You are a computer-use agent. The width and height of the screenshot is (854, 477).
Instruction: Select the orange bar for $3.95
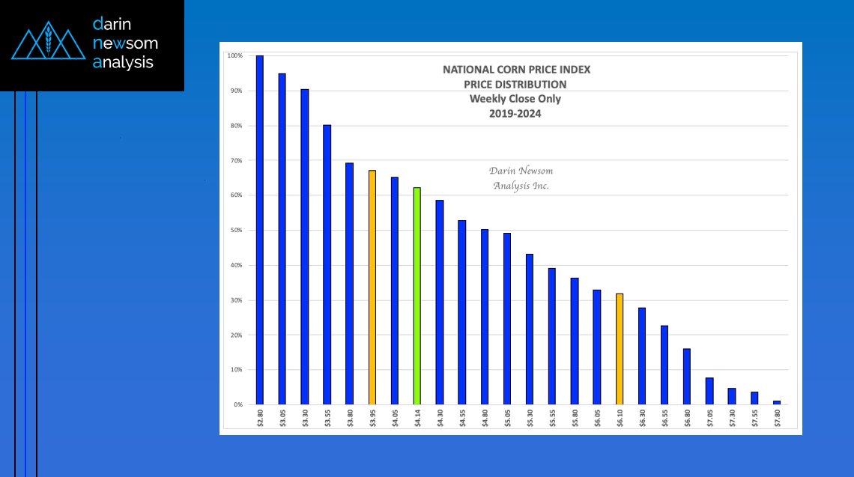[x=372, y=288]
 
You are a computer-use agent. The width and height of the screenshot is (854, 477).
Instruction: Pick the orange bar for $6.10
[x=620, y=349]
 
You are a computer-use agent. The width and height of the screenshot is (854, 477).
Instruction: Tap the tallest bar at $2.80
[x=260, y=230]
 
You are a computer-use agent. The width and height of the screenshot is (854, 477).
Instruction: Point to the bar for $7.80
[x=777, y=402]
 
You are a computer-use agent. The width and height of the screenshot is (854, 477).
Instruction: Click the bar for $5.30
[x=530, y=329]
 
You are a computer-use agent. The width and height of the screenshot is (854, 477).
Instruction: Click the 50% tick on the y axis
[x=235, y=230]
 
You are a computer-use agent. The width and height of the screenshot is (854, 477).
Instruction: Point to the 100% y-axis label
[x=234, y=56]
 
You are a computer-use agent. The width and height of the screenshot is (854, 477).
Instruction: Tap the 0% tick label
[x=237, y=404]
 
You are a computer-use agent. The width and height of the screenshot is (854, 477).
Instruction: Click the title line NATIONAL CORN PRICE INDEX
[x=516, y=70]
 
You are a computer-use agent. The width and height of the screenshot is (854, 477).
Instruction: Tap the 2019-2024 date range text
[x=515, y=113]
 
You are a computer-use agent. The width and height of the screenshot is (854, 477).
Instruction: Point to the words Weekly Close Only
[x=515, y=99]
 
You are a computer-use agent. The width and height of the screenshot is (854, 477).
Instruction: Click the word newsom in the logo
[x=125, y=43]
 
